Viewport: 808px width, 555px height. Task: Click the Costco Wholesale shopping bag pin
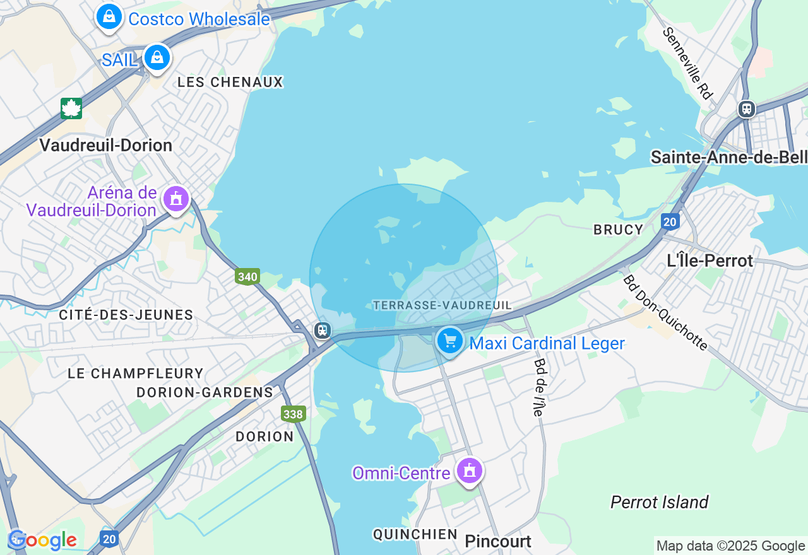pyautogui.click(x=109, y=16)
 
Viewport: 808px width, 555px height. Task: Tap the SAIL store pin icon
pyautogui.click(x=157, y=57)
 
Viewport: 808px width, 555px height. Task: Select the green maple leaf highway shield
pyautogui.click(x=71, y=108)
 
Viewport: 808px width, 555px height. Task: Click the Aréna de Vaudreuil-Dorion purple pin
pyautogui.click(x=176, y=199)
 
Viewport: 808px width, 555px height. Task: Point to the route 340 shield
pyautogui.click(x=247, y=276)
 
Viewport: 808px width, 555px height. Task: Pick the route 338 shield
pyautogui.click(x=294, y=414)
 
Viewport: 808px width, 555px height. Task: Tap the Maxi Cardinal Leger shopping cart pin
pyautogui.click(x=449, y=341)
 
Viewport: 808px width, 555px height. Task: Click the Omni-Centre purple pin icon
pyautogui.click(x=469, y=470)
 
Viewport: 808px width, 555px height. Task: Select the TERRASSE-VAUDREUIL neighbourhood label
pyautogui.click(x=442, y=305)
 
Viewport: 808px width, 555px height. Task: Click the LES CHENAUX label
pyautogui.click(x=230, y=82)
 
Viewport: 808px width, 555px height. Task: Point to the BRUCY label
pyautogui.click(x=618, y=230)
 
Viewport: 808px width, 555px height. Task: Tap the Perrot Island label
pyautogui.click(x=659, y=502)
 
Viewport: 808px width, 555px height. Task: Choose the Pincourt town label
pyautogui.click(x=498, y=541)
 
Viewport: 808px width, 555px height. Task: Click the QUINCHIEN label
pyautogui.click(x=415, y=534)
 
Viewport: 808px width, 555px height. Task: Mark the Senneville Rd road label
pyautogui.click(x=687, y=63)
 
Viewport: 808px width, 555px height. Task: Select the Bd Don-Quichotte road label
pyautogui.click(x=665, y=312)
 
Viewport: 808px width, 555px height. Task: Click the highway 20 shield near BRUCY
pyautogui.click(x=670, y=221)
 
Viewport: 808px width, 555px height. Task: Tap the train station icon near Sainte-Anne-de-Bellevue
pyautogui.click(x=747, y=109)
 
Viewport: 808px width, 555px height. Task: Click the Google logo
pyautogui.click(x=42, y=540)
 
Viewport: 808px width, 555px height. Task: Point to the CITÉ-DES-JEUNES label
pyautogui.click(x=126, y=315)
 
